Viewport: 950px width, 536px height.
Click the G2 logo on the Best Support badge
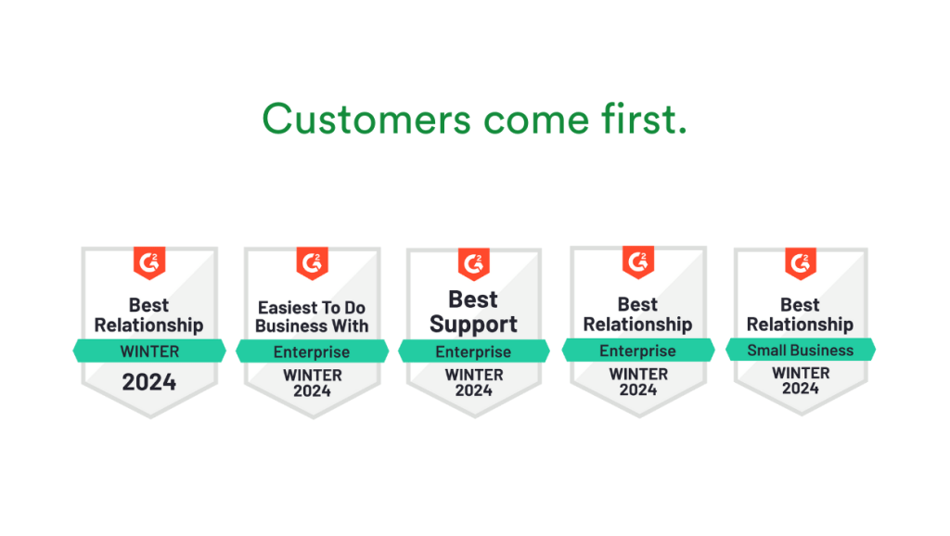tap(474, 263)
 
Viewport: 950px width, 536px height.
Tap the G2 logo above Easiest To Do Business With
tap(312, 263)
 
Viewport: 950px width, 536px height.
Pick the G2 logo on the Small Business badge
tap(800, 263)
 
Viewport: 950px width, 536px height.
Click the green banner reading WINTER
tap(149, 351)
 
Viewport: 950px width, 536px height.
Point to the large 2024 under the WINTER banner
tap(149, 381)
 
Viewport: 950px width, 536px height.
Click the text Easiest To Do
tap(312, 307)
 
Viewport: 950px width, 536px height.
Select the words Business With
tap(312, 325)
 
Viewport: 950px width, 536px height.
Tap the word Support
tap(474, 325)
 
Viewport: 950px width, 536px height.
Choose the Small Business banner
tap(800, 350)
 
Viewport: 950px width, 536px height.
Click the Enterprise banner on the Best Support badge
tap(474, 351)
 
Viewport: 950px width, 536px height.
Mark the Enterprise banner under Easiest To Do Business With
tap(312, 352)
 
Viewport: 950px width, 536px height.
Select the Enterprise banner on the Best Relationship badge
tap(638, 351)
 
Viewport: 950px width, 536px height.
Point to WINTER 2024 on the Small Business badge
tap(800, 380)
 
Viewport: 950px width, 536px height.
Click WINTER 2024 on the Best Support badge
tap(474, 382)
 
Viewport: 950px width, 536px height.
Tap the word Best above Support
tap(474, 300)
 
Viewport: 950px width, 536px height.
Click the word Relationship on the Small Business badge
tap(800, 324)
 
